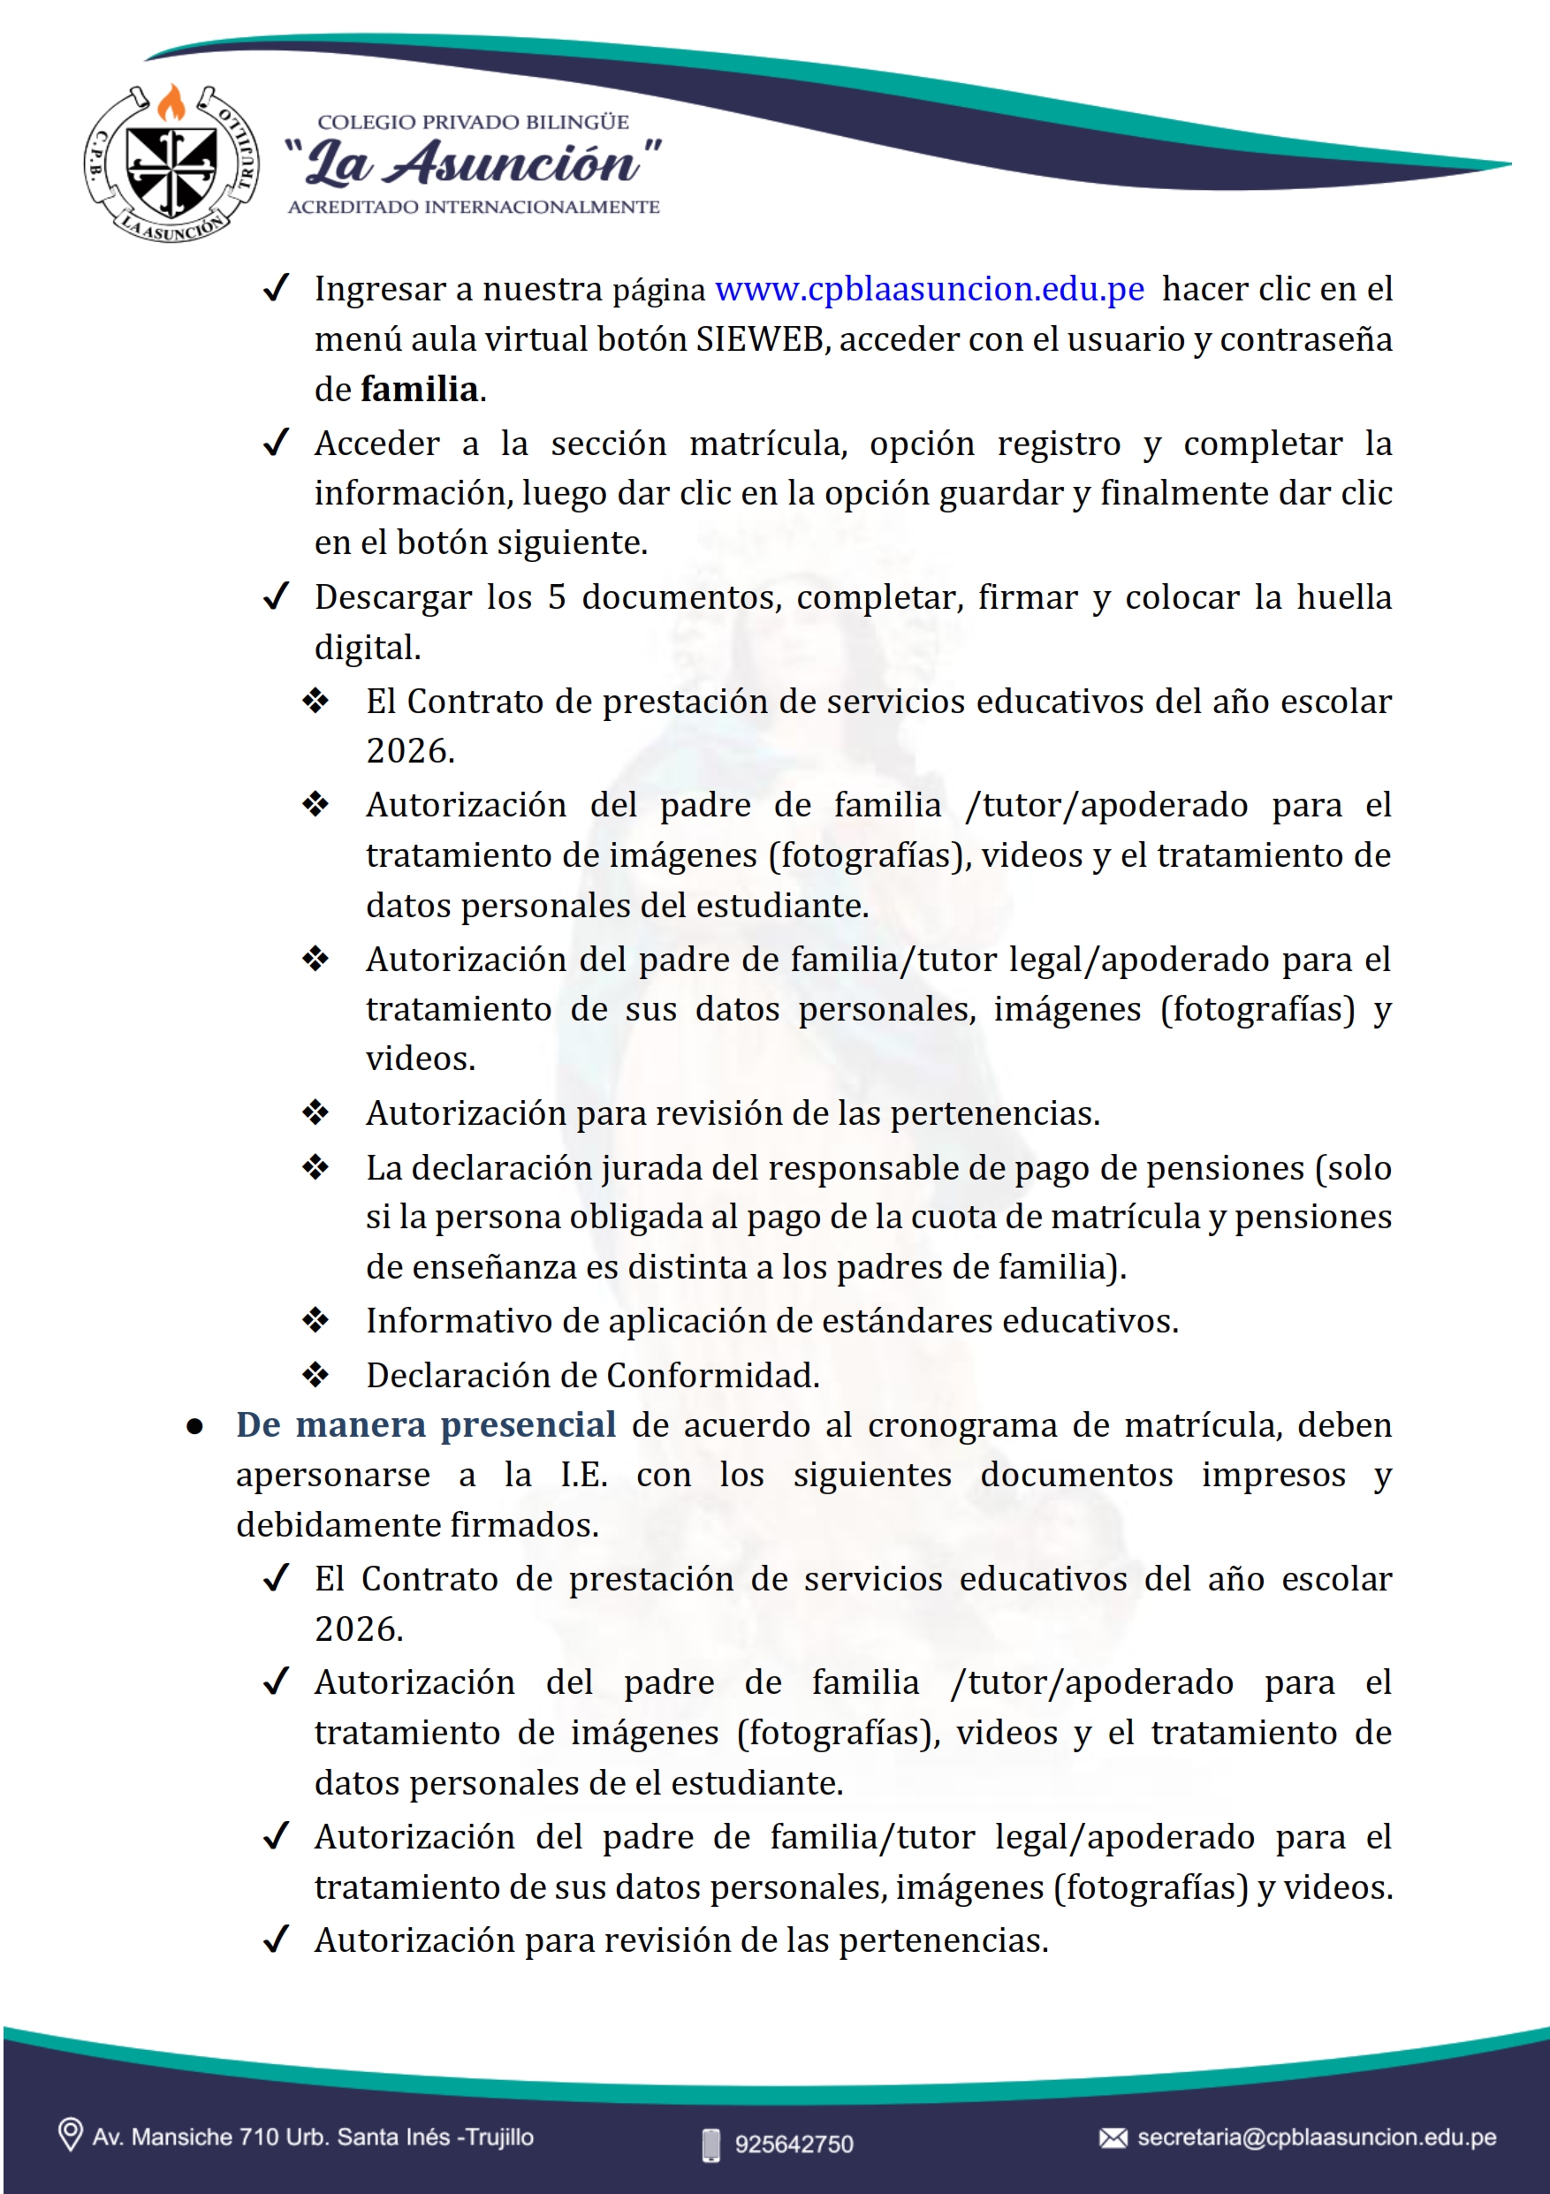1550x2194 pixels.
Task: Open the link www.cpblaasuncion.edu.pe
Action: coord(929,289)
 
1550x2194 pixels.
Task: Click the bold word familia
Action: coord(420,390)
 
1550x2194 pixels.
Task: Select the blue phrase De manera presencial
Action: coord(425,1424)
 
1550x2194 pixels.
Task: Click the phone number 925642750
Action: coord(794,2144)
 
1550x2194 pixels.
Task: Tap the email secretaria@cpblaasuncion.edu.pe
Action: coord(1316,2137)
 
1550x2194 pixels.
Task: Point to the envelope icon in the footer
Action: coord(1113,2137)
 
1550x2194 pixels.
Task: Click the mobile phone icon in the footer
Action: coord(711,2144)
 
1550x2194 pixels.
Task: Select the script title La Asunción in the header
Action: coord(473,163)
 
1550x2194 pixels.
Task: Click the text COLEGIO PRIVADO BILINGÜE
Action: coord(473,122)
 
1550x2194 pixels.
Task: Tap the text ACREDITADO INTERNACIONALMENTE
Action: coord(474,208)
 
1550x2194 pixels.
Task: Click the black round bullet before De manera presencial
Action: coord(195,1428)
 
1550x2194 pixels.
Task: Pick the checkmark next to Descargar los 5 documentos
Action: coord(277,597)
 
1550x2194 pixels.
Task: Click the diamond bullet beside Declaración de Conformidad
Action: coord(315,1375)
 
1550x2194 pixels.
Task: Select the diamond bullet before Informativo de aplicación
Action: coord(315,1321)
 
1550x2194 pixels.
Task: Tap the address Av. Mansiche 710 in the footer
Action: coord(313,2137)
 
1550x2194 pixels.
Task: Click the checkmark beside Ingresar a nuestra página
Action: coord(277,288)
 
